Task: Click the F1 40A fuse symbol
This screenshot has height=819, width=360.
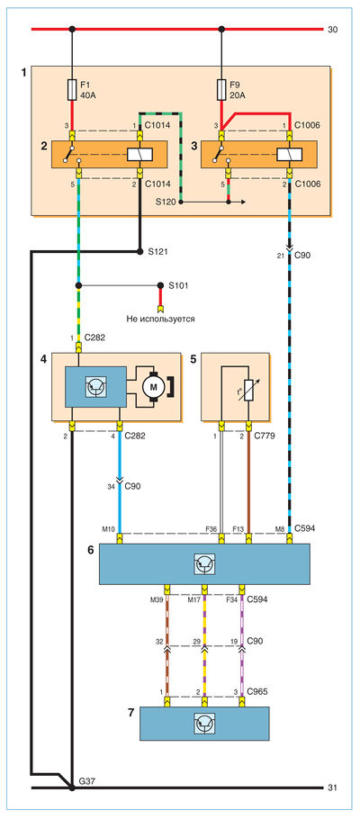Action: (x=73, y=90)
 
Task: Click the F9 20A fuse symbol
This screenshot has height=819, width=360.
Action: (x=221, y=90)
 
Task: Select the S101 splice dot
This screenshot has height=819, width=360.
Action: (x=161, y=285)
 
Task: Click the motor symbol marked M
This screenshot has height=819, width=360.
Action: (x=154, y=386)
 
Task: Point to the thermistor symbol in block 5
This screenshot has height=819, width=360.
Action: (x=248, y=390)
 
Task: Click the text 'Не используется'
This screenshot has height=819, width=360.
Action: (x=160, y=318)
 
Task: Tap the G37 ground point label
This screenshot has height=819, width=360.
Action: (x=84, y=781)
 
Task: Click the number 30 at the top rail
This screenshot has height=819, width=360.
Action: (x=332, y=30)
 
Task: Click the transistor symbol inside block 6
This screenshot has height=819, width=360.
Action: (x=205, y=564)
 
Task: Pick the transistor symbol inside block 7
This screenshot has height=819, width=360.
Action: (x=205, y=724)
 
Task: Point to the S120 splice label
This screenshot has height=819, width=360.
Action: (x=166, y=201)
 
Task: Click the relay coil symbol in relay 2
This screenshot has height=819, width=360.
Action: (x=139, y=154)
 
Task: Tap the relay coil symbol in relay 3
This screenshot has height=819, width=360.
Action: (x=289, y=154)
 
